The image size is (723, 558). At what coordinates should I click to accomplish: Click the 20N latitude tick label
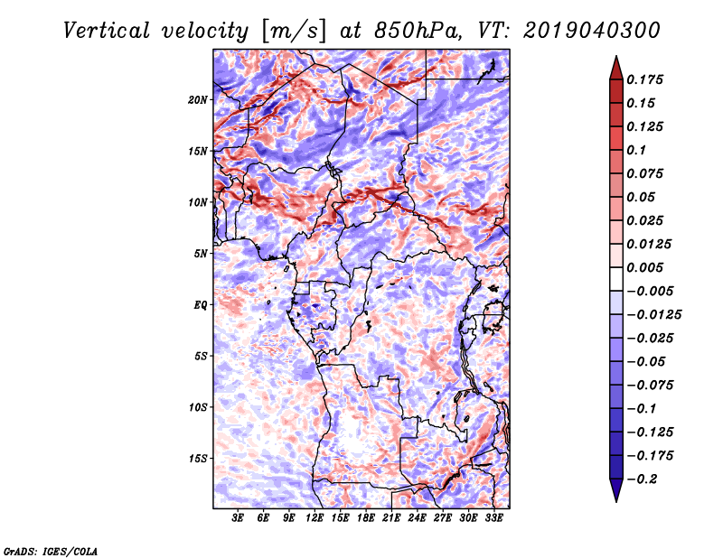(x=198, y=100)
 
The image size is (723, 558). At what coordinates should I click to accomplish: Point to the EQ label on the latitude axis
(x=201, y=305)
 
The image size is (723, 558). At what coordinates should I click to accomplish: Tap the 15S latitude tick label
(x=198, y=459)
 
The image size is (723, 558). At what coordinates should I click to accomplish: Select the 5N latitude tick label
(x=201, y=254)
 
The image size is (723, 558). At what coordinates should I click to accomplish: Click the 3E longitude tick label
(x=238, y=517)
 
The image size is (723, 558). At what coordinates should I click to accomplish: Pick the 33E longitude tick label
(x=493, y=517)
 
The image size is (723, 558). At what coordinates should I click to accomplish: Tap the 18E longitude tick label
(x=366, y=517)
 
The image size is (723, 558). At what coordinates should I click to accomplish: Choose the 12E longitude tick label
(x=315, y=517)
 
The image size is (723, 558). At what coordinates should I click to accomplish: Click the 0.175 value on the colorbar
(x=644, y=79)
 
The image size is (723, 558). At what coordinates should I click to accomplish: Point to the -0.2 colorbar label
(x=643, y=479)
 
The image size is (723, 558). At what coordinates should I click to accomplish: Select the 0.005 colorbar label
(x=644, y=267)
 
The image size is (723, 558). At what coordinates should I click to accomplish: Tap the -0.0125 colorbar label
(x=653, y=315)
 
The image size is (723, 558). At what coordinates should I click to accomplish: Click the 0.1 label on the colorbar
(x=636, y=150)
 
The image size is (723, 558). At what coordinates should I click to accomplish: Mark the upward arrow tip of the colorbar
(x=616, y=56)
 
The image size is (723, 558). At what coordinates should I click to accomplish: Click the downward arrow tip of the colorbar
(x=616, y=501)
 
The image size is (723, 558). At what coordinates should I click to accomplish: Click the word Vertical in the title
(x=107, y=31)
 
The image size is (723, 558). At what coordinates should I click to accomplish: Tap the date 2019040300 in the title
(x=592, y=31)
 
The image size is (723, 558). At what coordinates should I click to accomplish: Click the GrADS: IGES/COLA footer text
(x=51, y=551)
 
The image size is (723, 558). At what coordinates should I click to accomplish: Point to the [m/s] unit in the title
(x=294, y=31)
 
